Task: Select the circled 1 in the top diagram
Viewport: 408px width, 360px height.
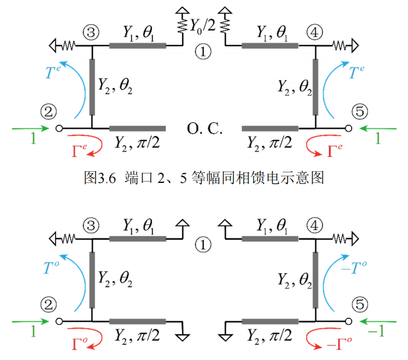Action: [x=203, y=51]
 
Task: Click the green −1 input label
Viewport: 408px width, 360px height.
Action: [x=378, y=332]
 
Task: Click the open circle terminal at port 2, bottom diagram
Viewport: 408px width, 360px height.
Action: [x=59, y=321]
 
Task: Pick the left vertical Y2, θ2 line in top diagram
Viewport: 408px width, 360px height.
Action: [x=92, y=87]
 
